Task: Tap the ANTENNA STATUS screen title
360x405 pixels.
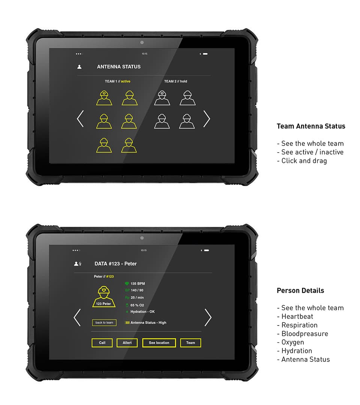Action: point(118,67)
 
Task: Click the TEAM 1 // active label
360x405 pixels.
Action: point(117,81)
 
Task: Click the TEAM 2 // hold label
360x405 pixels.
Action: point(175,81)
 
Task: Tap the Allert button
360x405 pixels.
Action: point(127,343)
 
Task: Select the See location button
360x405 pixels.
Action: point(159,343)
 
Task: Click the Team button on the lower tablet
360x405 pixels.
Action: point(190,343)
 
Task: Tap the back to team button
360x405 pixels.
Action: point(104,322)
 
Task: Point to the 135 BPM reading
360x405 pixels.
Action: point(138,284)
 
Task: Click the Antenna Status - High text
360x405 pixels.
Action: point(148,322)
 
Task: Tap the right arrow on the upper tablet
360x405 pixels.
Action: point(207,119)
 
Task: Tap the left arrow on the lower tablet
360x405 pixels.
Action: point(77,317)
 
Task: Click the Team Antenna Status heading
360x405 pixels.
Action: point(311,126)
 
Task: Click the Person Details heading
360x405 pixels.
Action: point(300,291)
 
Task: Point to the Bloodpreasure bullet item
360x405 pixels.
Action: point(304,334)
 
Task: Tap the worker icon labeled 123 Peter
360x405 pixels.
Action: point(104,297)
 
